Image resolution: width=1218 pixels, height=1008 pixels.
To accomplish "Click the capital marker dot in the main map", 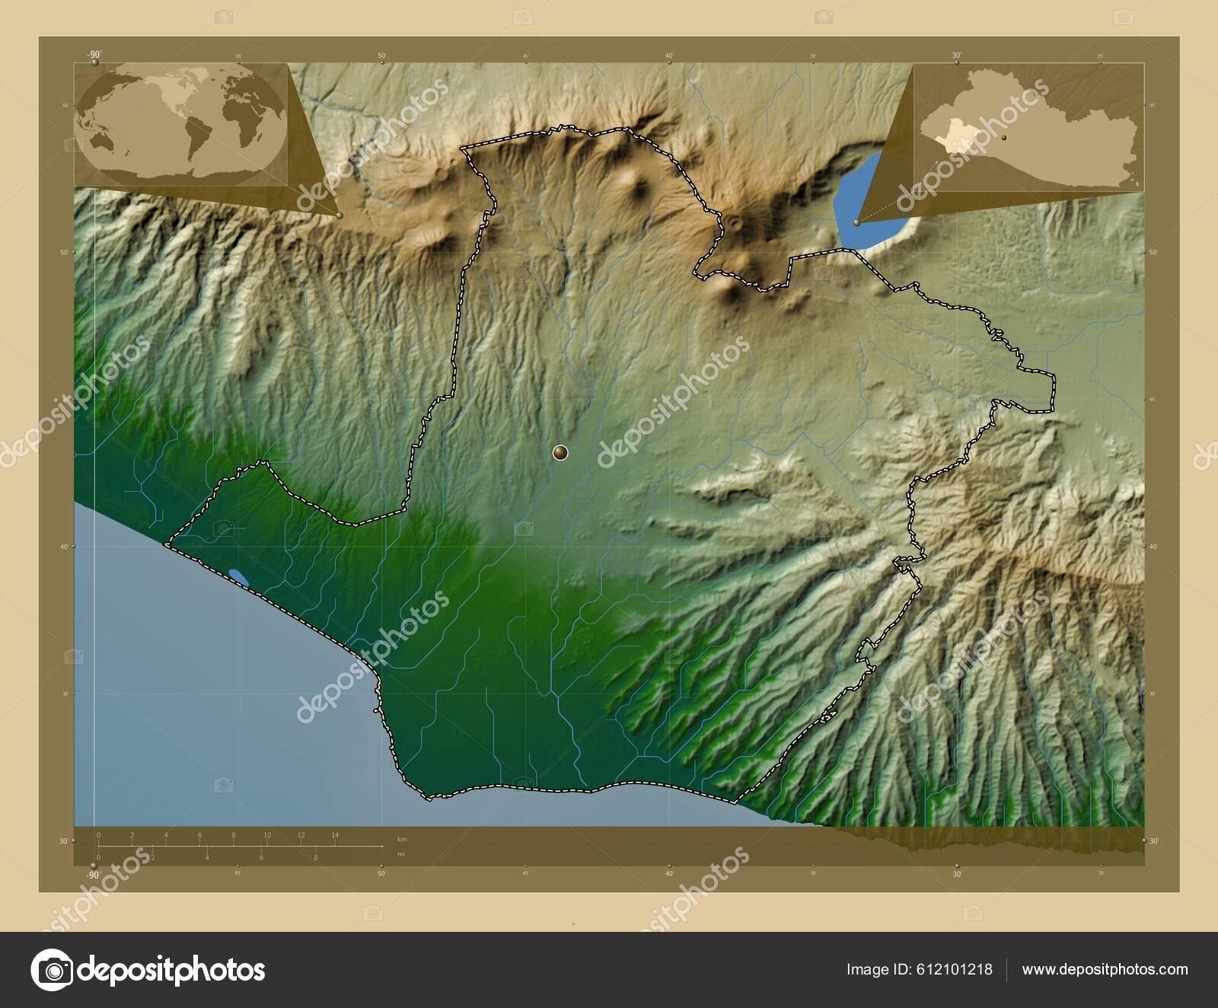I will (x=560, y=453).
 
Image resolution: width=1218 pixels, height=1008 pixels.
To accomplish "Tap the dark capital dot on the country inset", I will (x=1004, y=137).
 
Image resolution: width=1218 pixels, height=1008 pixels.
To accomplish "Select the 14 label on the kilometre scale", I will (x=335, y=835).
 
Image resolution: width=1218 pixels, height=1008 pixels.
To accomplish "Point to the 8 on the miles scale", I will (x=316, y=857).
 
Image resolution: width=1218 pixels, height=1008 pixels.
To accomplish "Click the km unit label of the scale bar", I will (x=402, y=839).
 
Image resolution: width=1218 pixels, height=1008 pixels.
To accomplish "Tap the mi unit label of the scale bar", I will (x=401, y=854).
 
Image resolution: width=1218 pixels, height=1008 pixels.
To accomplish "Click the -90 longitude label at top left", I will (x=94, y=54).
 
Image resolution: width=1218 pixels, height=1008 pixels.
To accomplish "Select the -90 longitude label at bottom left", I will (x=94, y=875).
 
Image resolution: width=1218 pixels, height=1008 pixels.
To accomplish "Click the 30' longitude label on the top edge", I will (x=956, y=55).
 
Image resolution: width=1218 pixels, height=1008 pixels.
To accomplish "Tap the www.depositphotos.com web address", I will (x=1105, y=970).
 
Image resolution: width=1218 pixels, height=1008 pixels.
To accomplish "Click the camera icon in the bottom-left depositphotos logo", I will (x=52, y=970).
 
